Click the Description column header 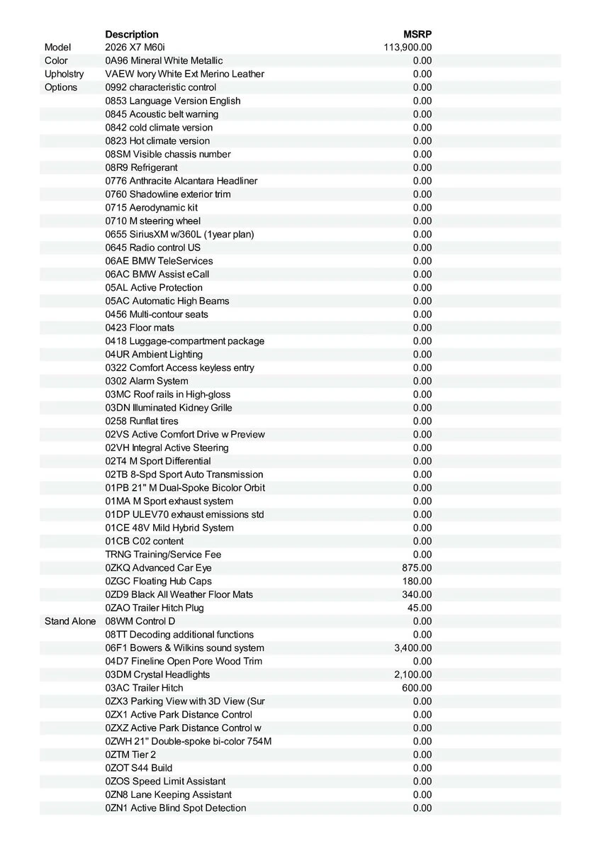[132, 34]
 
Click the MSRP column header [417, 34]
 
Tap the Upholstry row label [64, 74]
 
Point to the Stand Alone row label [70, 621]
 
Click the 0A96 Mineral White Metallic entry [164, 61]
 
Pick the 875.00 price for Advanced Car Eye [417, 568]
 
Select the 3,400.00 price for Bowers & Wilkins [412, 648]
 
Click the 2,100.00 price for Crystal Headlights [412, 674]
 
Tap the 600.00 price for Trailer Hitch [417, 688]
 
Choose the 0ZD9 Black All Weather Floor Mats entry [179, 594]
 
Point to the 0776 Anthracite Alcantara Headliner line [181, 181]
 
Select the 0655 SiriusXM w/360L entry [179, 234]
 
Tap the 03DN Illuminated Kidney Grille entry [169, 408]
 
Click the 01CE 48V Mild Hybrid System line [169, 528]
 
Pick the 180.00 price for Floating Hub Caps [417, 582]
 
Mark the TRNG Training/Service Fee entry [164, 555]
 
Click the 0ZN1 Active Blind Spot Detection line [176, 808]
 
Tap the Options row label [61, 87]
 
